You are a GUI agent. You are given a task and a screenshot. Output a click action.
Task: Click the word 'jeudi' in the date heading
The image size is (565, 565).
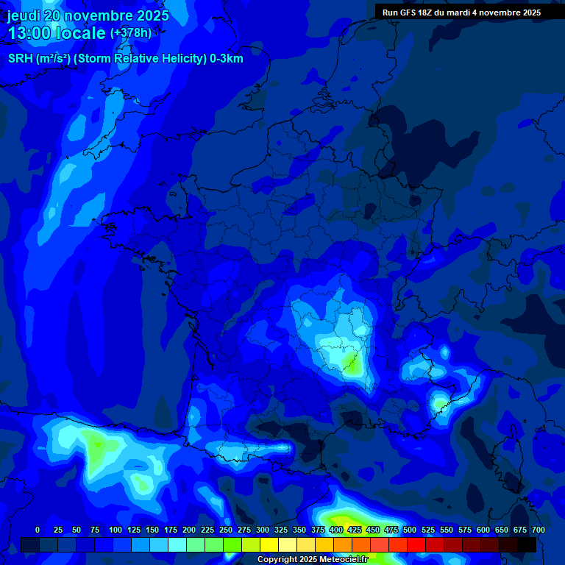(x=24, y=15)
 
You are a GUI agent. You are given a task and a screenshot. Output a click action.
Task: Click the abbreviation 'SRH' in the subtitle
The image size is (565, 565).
(x=20, y=59)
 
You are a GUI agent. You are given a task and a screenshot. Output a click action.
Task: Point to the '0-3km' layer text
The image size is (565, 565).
(x=226, y=59)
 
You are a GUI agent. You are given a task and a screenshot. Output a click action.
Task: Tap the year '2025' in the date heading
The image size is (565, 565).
(x=153, y=15)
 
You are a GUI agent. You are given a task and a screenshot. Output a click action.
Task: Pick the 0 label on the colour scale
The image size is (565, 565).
(x=38, y=530)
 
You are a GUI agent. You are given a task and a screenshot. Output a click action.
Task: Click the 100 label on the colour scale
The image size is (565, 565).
(x=116, y=530)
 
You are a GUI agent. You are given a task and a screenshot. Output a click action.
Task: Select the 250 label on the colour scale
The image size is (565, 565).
(x=226, y=530)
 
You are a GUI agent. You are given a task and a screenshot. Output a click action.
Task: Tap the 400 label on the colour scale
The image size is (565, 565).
(x=336, y=530)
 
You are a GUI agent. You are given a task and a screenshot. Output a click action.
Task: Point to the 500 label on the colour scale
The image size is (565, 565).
(x=410, y=530)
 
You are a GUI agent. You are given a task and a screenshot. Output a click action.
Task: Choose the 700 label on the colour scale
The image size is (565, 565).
(x=538, y=530)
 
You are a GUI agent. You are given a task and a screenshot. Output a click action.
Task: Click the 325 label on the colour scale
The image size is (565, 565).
(x=281, y=530)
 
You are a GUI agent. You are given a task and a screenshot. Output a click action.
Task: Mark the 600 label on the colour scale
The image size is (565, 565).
(x=483, y=530)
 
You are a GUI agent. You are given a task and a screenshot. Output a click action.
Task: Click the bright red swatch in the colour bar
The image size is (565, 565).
(x=416, y=544)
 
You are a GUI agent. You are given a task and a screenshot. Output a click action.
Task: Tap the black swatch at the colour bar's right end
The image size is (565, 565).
(x=527, y=544)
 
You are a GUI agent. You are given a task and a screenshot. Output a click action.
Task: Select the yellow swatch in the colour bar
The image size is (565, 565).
(x=269, y=544)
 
